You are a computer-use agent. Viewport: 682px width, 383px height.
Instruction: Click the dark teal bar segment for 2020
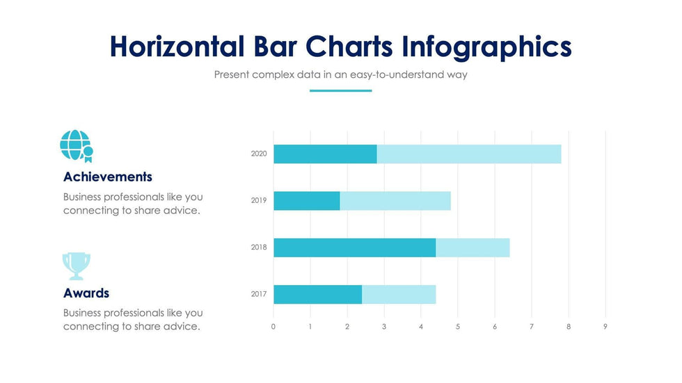[325, 154]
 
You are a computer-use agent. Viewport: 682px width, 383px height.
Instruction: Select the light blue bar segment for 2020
[468, 154]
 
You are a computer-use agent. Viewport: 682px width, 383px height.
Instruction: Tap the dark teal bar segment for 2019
[306, 201]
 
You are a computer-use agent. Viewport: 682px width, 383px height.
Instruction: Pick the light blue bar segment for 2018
[473, 247]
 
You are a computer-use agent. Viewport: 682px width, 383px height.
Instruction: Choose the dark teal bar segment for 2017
[317, 294]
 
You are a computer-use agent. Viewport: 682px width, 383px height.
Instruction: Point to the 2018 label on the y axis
[259, 247]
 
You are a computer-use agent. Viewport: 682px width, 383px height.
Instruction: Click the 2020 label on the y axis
[259, 154]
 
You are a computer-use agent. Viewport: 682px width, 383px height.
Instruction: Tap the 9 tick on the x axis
[605, 327]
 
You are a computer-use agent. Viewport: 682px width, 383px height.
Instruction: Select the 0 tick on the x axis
[273, 327]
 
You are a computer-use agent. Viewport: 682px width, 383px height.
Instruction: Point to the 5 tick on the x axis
[458, 327]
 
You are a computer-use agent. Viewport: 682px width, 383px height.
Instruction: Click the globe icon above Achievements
[76, 145]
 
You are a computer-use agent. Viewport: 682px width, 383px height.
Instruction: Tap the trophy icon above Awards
[77, 266]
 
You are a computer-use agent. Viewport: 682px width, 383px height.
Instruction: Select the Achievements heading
[108, 177]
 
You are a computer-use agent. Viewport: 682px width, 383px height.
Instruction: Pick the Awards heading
[86, 293]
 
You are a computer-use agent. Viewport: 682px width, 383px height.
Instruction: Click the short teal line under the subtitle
[340, 90]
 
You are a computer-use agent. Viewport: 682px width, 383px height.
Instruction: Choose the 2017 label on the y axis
[259, 294]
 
